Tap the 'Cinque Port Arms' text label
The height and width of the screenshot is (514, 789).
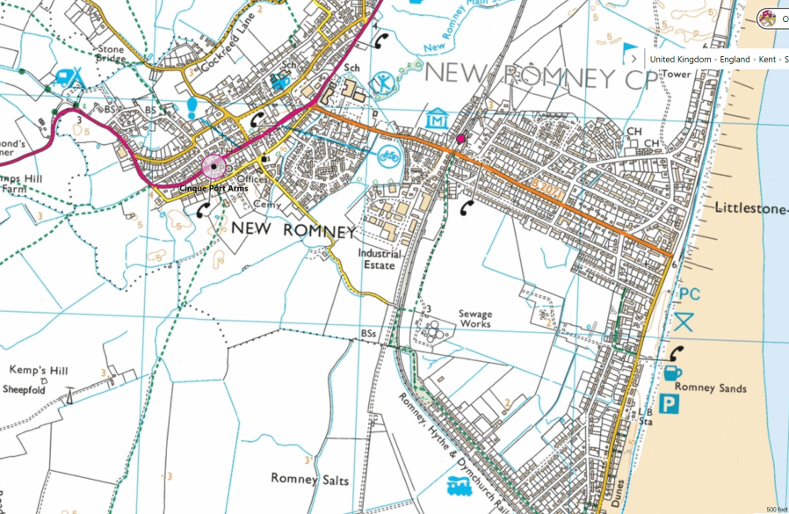point(214,188)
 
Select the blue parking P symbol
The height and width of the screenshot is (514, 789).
point(670,405)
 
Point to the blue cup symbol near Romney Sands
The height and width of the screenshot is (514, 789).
point(673,373)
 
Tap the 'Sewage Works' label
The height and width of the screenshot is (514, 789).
point(475,319)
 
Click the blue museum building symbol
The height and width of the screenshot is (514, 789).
point(437,119)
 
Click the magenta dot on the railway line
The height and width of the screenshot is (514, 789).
point(460,139)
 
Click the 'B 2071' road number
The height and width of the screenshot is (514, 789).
point(545,185)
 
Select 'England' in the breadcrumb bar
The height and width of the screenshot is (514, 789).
point(736,59)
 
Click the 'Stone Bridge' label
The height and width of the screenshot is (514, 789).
point(111,56)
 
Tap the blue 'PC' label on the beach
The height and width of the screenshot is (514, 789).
point(689,294)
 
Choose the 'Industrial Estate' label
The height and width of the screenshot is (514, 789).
point(379,258)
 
